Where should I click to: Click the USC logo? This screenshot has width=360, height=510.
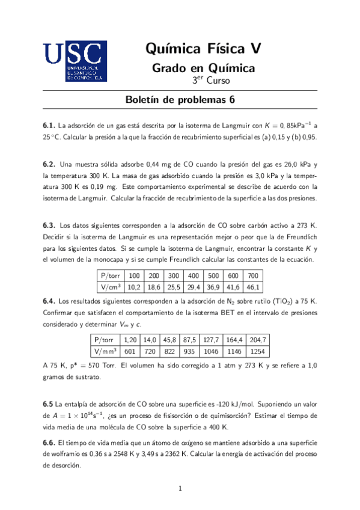[x=75, y=61]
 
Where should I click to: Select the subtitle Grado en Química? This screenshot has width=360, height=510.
[x=203, y=68]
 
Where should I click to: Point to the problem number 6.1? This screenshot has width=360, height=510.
[x=49, y=126]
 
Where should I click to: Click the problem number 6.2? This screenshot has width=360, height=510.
[x=49, y=164]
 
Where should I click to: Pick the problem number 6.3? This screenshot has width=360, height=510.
[x=49, y=225]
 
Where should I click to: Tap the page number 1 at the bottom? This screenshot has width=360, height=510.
[x=180, y=488]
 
